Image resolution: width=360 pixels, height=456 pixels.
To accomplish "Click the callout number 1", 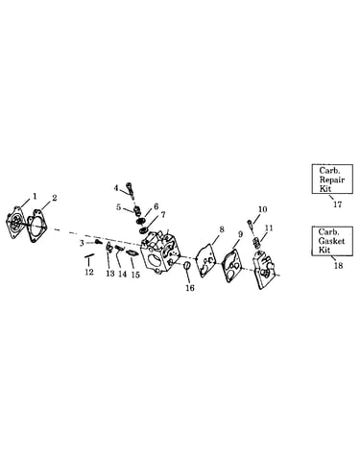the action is click(x=35, y=195).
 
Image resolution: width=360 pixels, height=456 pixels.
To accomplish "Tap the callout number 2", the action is click(x=55, y=198).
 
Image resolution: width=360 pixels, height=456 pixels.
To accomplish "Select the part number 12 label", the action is click(x=89, y=272).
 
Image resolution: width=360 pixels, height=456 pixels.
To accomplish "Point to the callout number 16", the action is click(x=190, y=288).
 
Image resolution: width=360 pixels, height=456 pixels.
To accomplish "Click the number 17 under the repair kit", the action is click(x=338, y=204).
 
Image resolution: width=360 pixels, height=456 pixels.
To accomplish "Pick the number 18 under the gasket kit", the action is click(x=338, y=266).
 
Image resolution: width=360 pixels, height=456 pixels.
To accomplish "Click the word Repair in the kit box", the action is click(x=332, y=180).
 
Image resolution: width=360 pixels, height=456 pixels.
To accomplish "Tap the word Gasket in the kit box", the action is click(x=331, y=241).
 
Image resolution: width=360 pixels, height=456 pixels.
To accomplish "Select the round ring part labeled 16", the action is click(x=187, y=265).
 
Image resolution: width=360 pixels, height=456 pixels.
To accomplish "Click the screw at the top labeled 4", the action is click(x=130, y=188).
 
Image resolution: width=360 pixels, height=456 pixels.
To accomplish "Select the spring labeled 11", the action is click(x=256, y=242).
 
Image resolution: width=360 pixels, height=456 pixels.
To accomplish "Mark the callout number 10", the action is click(x=262, y=209).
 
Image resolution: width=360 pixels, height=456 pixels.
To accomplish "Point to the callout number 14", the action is click(x=122, y=275).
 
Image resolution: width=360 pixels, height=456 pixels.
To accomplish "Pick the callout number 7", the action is click(x=163, y=215).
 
